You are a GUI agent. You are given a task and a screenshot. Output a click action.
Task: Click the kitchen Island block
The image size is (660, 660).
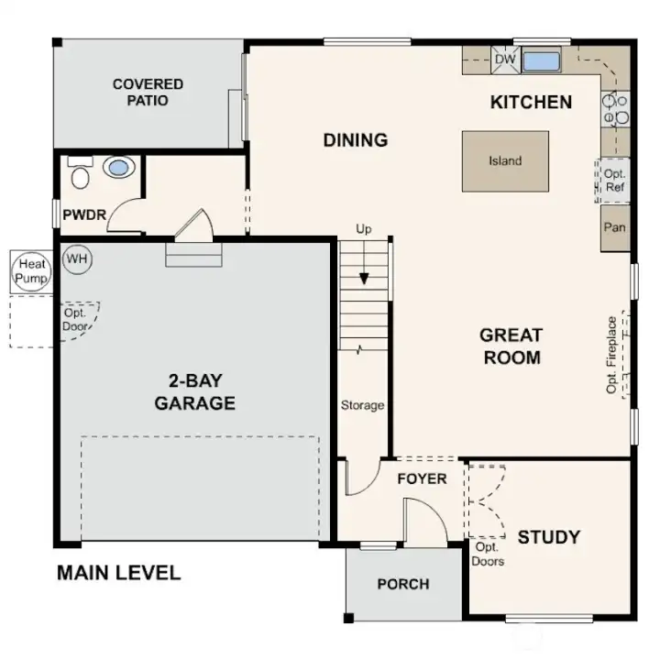(505, 161)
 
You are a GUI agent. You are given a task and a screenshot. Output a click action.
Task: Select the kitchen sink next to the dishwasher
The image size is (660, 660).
(540, 61)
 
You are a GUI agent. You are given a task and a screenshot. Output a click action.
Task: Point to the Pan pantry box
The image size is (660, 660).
(614, 226)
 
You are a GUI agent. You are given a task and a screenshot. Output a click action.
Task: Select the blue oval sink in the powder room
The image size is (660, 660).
(117, 167)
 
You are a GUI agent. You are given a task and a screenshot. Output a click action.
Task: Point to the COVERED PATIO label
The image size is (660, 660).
(148, 92)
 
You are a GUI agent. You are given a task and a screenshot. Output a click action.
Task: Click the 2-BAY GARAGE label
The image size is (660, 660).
(194, 392)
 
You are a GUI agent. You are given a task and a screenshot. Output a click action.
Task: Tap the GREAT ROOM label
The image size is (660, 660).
(511, 346)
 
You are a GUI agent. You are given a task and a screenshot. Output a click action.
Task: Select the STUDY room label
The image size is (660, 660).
(548, 536)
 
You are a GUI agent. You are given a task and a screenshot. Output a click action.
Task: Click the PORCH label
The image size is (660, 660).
(402, 584)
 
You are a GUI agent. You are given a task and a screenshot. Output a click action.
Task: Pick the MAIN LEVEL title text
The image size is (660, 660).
(118, 573)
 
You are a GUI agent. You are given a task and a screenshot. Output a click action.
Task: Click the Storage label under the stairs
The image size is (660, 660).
(362, 405)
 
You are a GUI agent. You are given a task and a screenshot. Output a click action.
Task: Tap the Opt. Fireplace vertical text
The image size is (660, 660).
(612, 355)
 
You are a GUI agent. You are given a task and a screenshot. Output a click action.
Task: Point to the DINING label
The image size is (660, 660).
(356, 140)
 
